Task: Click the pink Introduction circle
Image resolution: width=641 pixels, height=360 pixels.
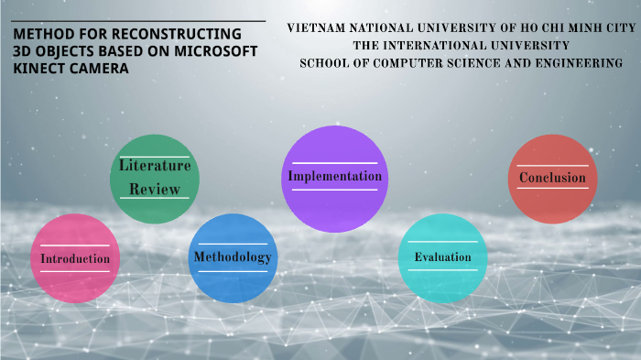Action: coord(75,259)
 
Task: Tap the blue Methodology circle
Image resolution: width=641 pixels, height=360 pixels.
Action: coord(233,257)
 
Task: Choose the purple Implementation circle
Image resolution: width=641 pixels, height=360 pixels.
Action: coord(334,177)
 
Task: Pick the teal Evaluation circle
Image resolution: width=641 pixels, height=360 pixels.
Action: coord(442,257)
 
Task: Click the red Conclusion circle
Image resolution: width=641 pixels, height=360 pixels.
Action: coord(552,179)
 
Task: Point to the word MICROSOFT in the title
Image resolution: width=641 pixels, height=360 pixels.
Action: coord(213,52)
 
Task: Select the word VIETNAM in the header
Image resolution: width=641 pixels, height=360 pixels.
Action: coord(319,27)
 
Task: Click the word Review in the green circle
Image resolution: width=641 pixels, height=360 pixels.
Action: coord(154,189)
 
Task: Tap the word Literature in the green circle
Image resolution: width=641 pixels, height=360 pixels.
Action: coord(155,166)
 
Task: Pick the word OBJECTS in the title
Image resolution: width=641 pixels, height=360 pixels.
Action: coord(62,52)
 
